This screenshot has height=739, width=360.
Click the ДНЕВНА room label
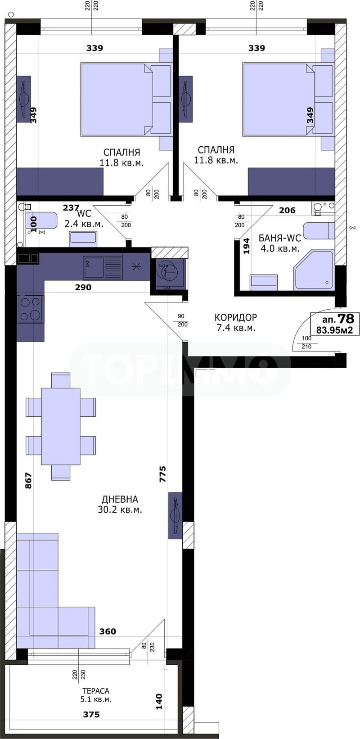click(120, 499)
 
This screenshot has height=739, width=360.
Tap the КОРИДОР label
click(235, 317)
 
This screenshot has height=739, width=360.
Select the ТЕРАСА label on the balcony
click(95, 691)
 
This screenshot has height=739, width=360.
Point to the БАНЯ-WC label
click(279, 238)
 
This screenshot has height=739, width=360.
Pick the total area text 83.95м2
click(334, 330)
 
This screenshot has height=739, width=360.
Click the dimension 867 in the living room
click(28, 481)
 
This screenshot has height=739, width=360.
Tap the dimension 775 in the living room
click(162, 474)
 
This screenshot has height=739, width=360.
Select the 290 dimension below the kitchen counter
click(83, 287)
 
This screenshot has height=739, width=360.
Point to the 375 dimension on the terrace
click(91, 714)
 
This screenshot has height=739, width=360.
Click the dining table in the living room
click(61, 426)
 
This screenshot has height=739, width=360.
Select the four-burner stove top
click(31, 309)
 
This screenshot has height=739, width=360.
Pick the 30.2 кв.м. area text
click(120, 510)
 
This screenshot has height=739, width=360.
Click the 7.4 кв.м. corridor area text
click(236, 328)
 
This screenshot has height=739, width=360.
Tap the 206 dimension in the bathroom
click(287, 210)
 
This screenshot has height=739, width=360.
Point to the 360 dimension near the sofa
click(108, 631)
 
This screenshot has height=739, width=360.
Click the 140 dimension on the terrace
click(159, 702)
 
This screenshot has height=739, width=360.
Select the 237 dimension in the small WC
click(71, 208)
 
